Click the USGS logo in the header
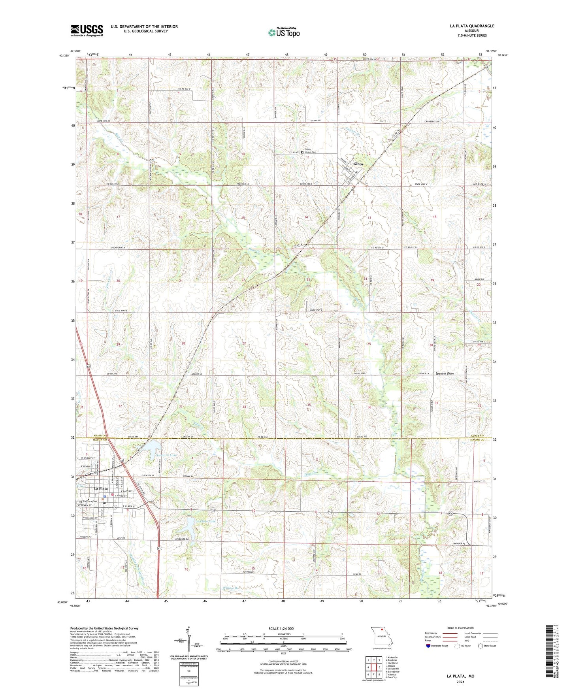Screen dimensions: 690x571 tap(87, 30)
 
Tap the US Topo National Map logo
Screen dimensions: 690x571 tap(283, 32)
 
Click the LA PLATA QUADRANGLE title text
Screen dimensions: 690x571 tap(471, 26)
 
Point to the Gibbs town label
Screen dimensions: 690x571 tap(359, 164)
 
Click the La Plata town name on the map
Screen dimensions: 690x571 tap(101, 489)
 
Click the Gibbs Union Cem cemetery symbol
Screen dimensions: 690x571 tap(303, 152)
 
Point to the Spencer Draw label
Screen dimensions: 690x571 tap(445, 373)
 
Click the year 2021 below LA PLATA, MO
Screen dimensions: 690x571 tap(460, 682)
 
